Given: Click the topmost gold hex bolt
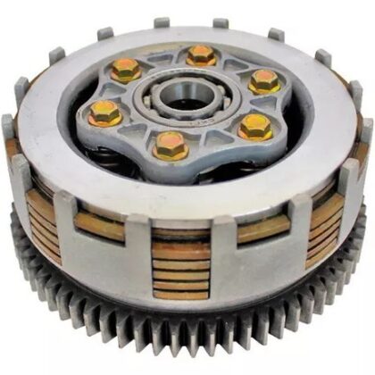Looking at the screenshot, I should tap(202, 54).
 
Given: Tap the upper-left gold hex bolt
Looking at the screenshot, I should tap(126, 69).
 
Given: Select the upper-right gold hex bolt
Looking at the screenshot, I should tap(264, 81).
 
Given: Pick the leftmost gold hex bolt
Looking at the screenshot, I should tap(105, 112).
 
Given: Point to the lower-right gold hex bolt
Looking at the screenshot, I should tap(255, 127).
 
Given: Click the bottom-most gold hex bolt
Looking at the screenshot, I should tap(171, 145).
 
